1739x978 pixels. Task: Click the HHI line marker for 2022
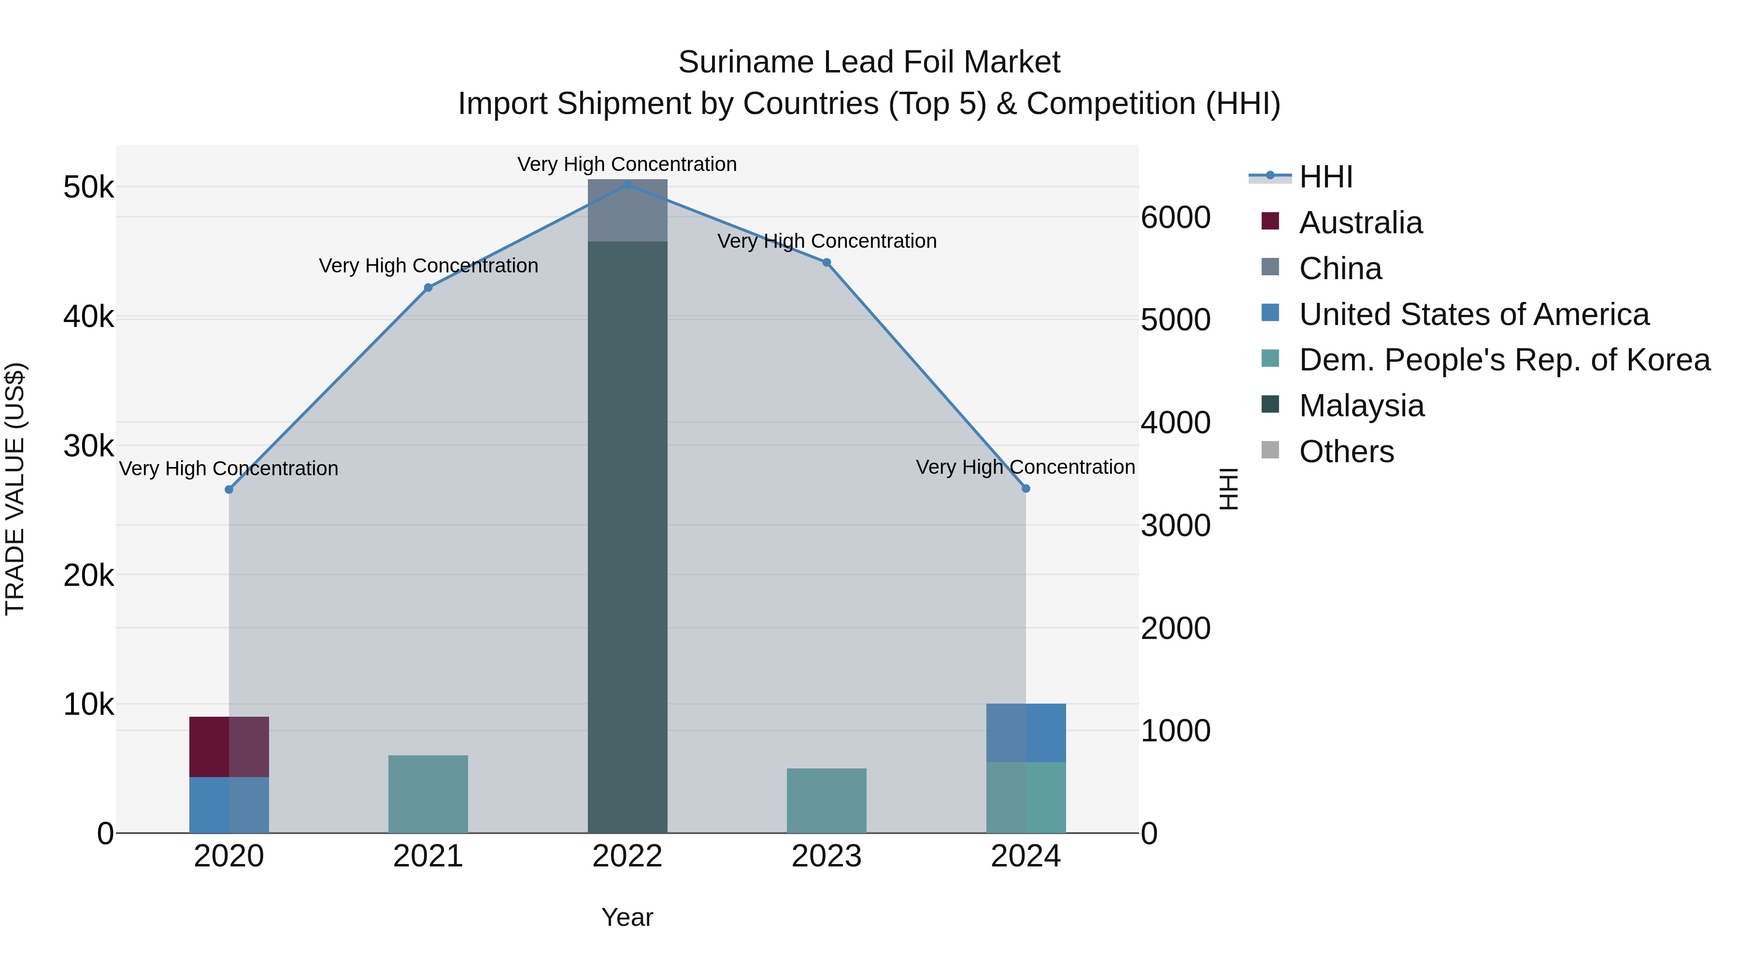[x=627, y=184]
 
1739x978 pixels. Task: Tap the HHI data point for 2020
[x=229, y=489]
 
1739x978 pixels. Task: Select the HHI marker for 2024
[x=1026, y=488]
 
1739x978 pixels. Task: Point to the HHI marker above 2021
[x=428, y=287]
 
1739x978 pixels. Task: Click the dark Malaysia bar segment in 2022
[x=627, y=540]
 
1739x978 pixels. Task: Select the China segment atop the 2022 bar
[x=627, y=211]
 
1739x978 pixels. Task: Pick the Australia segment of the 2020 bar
[x=229, y=747]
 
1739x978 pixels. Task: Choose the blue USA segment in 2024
[x=1026, y=733]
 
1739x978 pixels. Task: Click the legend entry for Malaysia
[x=1361, y=406]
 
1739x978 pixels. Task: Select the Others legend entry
[x=1346, y=452]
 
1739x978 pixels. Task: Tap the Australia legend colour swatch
[x=1270, y=221]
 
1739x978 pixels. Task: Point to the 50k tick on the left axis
[x=88, y=188]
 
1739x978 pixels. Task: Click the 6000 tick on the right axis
[x=1175, y=218]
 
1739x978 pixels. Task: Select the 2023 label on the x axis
[x=827, y=856]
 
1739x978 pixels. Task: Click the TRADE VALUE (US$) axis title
[x=15, y=489]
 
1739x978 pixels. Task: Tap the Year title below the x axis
[x=627, y=917]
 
